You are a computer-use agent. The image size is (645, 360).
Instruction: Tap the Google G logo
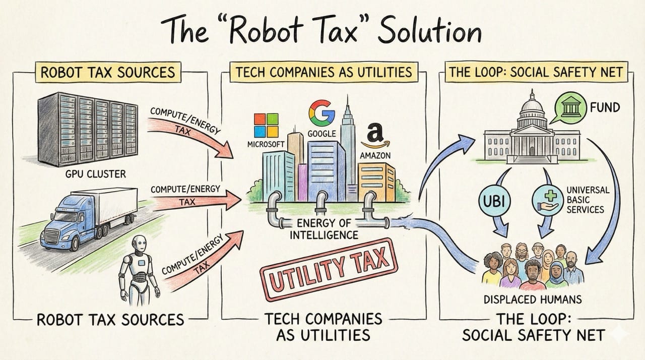click(x=317, y=113)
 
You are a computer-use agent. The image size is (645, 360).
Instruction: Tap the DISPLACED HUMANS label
click(x=532, y=299)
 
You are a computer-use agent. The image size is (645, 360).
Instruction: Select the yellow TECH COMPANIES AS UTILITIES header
click(x=324, y=72)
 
